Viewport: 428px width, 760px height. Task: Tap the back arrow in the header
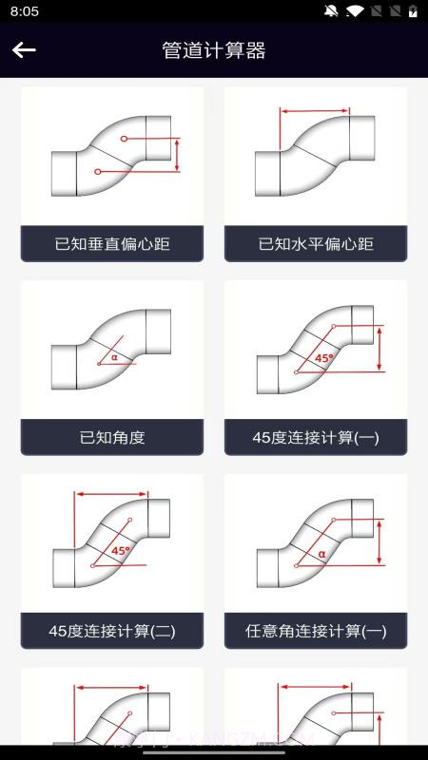pos(24,50)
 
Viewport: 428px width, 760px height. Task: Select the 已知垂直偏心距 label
pos(112,244)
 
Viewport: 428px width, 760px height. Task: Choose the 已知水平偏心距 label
pos(316,244)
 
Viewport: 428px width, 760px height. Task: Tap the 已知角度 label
pos(112,438)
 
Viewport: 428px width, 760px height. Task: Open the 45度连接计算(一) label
pos(316,438)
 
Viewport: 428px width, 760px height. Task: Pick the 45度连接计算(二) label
pos(112,631)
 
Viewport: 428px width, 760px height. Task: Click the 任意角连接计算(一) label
pos(316,631)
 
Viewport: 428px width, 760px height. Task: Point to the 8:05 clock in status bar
pos(25,11)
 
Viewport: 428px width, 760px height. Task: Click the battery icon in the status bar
pos(413,11)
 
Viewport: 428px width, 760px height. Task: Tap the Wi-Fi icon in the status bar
pos(355,11)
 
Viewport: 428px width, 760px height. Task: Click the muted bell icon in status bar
pos(331,11)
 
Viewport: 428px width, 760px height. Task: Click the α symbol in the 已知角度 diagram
pos(114,357)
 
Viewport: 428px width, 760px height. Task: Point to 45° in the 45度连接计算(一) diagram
pos(324,358)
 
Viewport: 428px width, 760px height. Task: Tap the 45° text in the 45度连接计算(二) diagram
pos(121,550)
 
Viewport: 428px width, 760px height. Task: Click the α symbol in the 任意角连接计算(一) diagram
pos(321,552)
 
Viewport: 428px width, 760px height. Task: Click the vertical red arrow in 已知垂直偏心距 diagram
pos(177,155)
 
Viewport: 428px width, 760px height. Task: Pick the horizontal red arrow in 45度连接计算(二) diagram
pos(112,494)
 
